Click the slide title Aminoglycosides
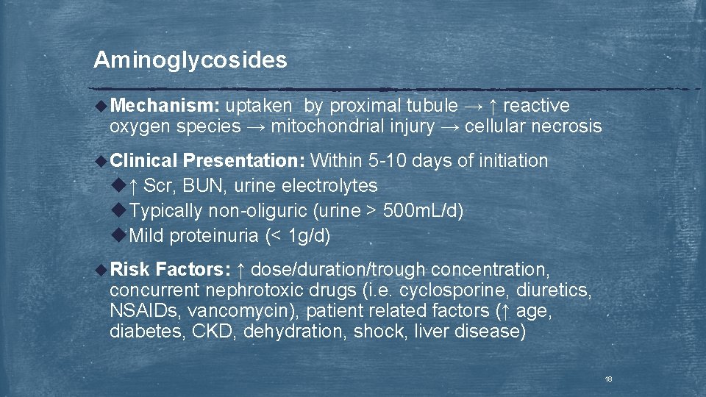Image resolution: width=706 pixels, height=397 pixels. (x=190, y=60)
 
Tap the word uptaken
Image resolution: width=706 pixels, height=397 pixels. (x=259, y=106)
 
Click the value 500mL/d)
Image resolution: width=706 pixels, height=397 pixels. (x=423, y=211)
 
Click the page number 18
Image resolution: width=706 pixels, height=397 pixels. (x=608, y=379)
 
